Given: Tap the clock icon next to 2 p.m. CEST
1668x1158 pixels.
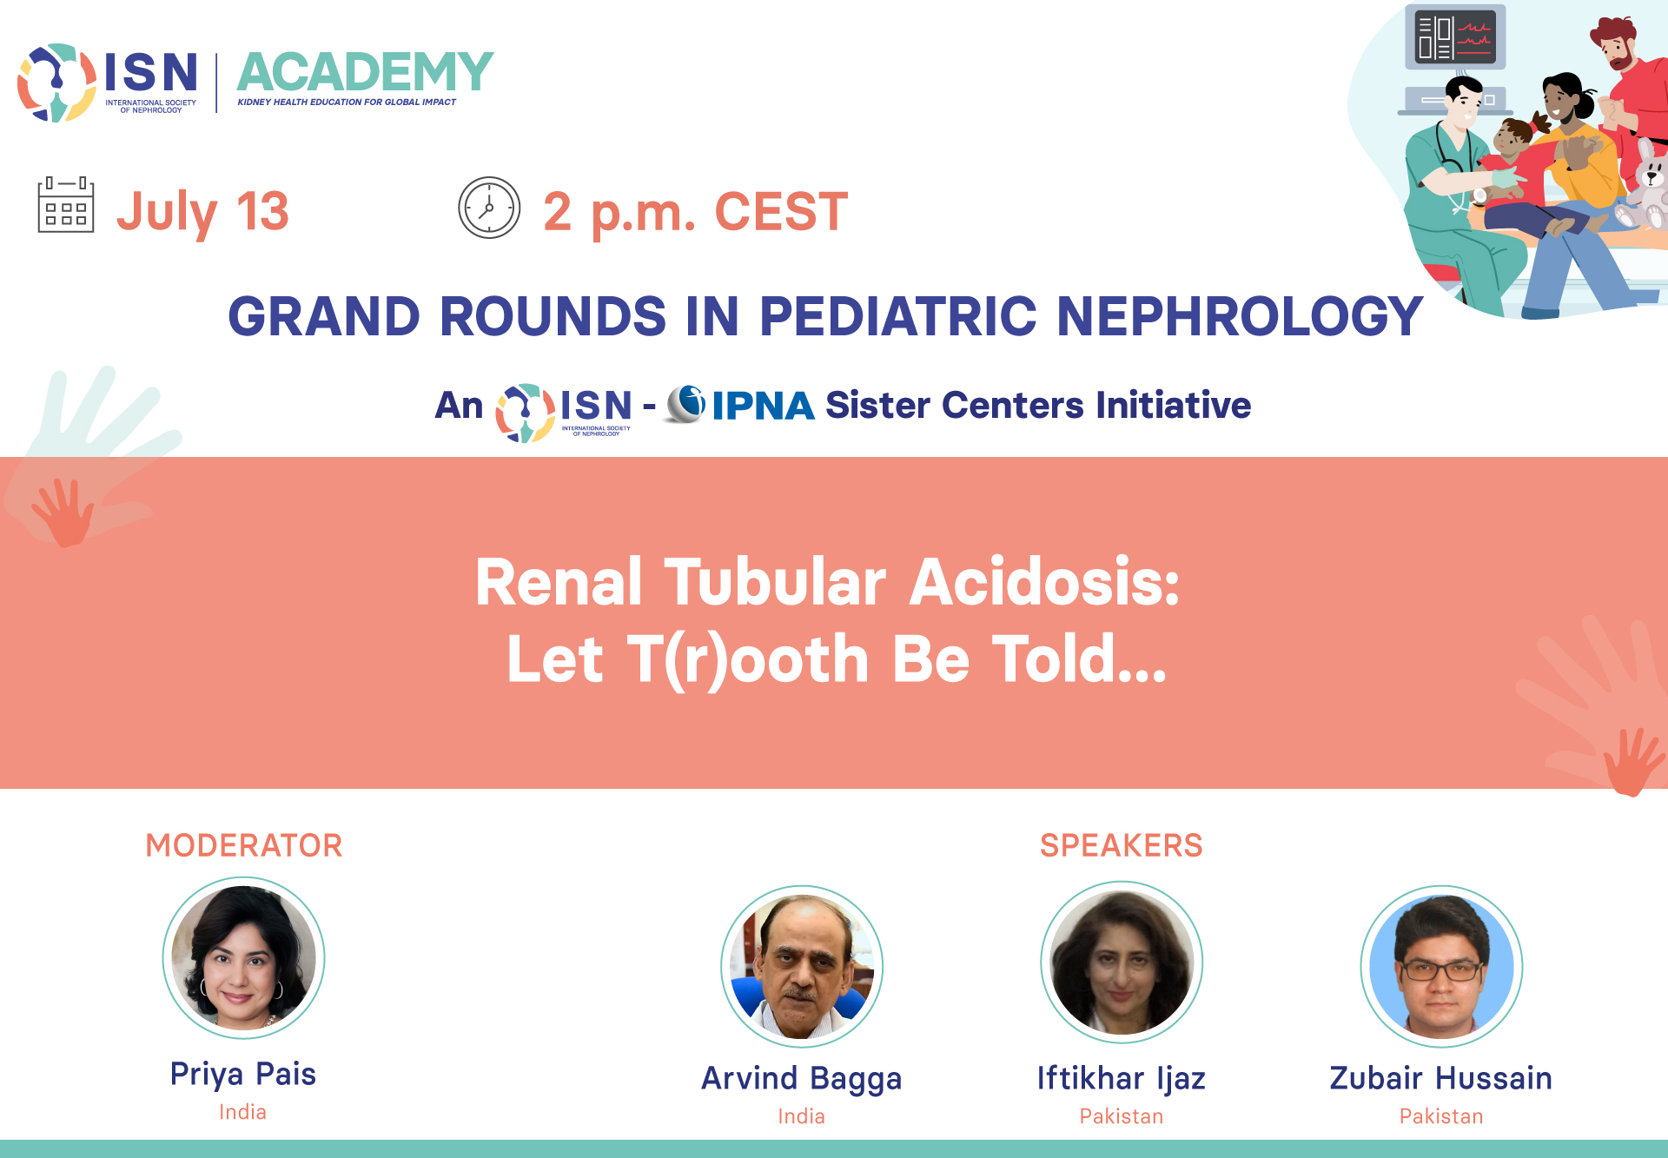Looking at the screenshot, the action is coord(489,208).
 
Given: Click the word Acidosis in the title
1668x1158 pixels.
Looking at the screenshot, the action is coord(1045,582).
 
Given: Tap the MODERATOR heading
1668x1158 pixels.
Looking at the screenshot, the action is coord(244,845).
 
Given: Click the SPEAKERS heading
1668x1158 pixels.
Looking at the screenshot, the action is coord(1122,845).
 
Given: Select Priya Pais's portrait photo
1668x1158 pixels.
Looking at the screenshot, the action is coord(244,957).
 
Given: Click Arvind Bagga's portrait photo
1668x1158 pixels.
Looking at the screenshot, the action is coord(802,966).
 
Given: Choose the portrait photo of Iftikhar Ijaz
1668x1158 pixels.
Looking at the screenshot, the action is coord(1122,963).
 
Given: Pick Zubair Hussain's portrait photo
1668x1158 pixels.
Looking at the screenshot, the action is coord(1441,966).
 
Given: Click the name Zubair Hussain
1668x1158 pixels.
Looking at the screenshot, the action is coord(1441,1078).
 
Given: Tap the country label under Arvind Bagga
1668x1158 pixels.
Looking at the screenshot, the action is coord(802,1116).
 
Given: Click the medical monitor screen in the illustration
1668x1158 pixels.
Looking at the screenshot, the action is coord(1455,37).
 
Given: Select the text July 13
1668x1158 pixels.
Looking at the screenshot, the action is coord(203,211).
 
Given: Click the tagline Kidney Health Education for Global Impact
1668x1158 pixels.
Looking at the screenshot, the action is coord(347,103).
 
